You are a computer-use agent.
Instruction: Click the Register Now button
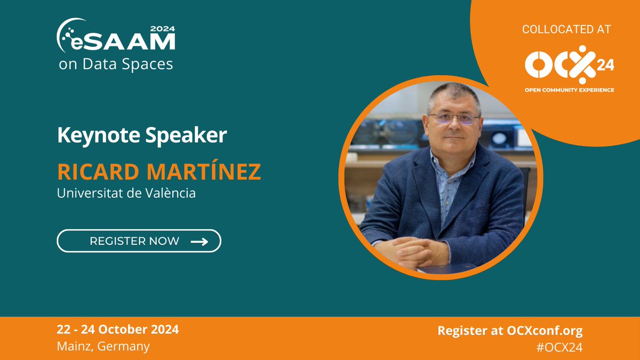(139, 241)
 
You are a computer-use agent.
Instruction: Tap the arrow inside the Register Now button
(199, 242)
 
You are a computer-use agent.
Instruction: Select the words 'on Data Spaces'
(116, 65)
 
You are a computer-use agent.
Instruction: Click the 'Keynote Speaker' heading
(142, 135)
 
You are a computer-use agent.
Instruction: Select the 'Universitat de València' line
(126, 193)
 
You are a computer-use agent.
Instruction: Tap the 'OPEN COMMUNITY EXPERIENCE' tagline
(569, 90)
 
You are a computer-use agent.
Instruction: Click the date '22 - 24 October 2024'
(118, 330)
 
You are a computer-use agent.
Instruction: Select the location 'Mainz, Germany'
(103, 346)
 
